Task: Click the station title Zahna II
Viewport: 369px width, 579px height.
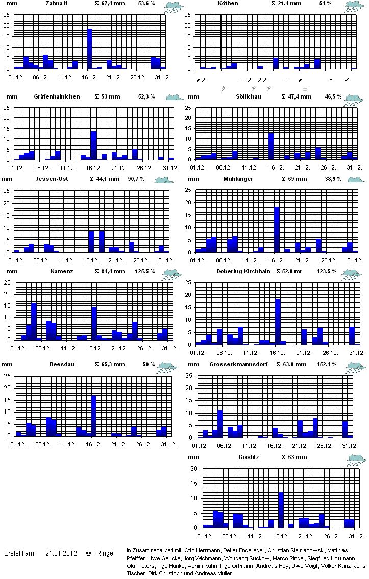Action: tap(57, 3)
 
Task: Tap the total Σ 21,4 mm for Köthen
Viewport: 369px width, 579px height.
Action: tap(286, 3)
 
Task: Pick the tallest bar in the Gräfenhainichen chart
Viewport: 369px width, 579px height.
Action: tap(93, 146)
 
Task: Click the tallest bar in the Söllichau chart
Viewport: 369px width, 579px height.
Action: tap(272, 147)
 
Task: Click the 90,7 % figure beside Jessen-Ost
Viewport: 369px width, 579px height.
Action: tap(136, 179)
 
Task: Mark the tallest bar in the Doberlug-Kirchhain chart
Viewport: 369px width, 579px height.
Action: tap(278, 322)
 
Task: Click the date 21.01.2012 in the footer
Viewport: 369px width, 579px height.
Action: tap(61, 553)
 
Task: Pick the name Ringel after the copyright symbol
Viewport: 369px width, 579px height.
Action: tap(105, 553)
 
